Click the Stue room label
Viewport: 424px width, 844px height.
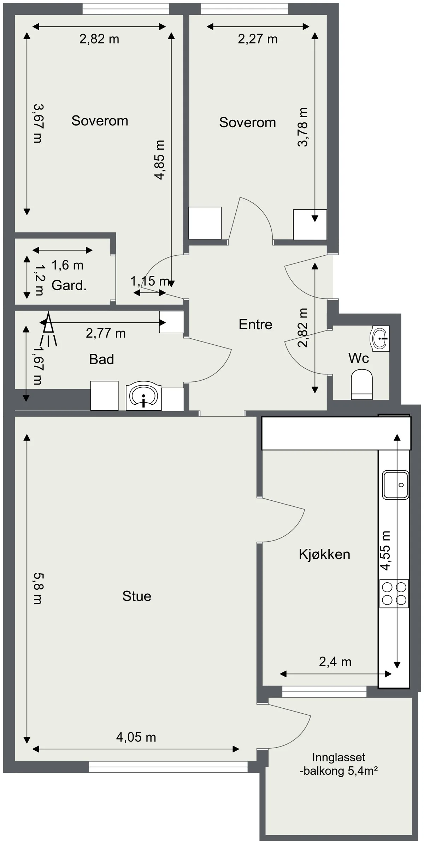pos(137,596)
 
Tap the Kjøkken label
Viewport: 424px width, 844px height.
pos(324,554)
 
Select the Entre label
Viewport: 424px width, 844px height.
pos(255,324)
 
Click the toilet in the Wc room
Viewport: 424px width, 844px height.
pos(362,385)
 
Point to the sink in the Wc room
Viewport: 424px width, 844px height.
pos(379,338)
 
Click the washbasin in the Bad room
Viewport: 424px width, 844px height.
pos(143,396)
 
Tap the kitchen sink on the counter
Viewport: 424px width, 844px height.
pos(396,485)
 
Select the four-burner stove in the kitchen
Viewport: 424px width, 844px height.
pos(394,594)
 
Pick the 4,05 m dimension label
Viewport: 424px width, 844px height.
pos(136,737)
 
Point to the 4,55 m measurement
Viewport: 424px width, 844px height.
pos(385,551)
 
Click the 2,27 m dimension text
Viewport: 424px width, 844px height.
pos(258,39)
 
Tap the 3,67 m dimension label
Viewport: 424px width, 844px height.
pos(37,123)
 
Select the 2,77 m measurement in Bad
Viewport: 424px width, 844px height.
pos(106,333)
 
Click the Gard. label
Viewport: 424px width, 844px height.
pos(69,285)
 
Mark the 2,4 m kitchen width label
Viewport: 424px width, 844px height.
pos(335,662)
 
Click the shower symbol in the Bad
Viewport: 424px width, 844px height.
pos(48,328)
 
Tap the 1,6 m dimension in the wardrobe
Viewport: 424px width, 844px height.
pos(67,265)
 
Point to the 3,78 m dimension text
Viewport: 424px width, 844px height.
pos(303,127)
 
